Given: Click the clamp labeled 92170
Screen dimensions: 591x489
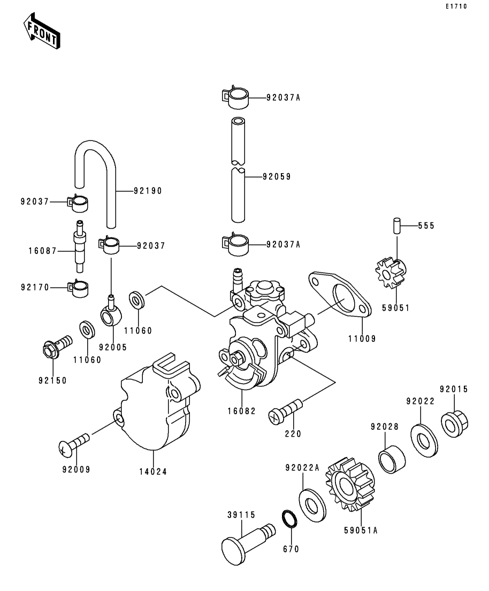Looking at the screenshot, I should coord(79,288).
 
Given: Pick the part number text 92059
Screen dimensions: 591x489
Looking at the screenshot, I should coord(277,176).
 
